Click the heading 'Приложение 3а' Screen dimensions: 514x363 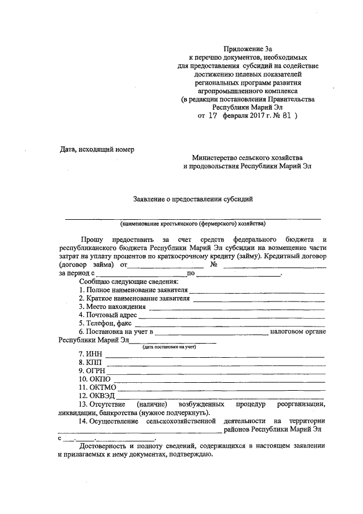click(247, 49)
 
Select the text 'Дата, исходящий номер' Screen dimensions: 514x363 click(97, 149)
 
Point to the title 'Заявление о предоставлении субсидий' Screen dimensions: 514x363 click(192, 199)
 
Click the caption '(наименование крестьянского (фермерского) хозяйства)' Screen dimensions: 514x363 click(192, 223)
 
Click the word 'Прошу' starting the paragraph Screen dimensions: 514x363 click(92, 241)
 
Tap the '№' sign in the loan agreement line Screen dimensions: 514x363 click(214, 265)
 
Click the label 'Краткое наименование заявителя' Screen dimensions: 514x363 click(134, 298)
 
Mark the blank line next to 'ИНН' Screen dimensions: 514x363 click(215, 357)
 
